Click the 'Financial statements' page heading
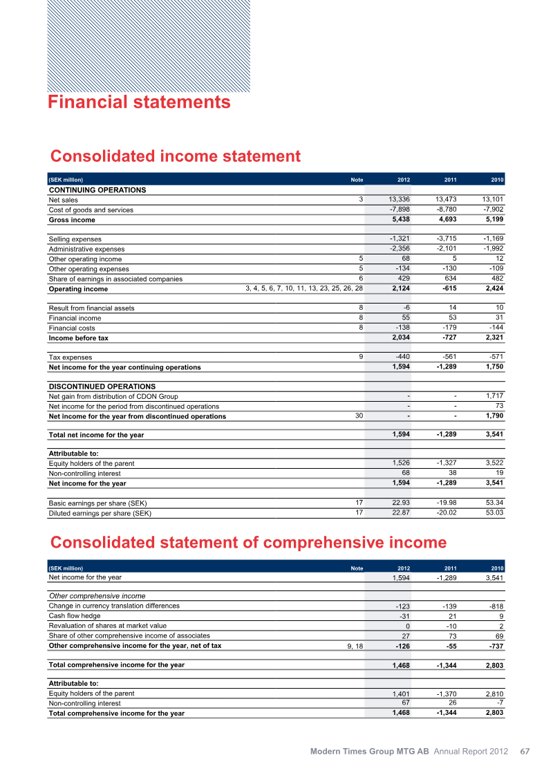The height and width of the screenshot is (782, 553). tap(139, 102)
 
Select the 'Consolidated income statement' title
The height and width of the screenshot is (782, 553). tap(176, 156)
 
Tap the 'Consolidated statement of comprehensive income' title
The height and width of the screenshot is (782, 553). tap(248, 541)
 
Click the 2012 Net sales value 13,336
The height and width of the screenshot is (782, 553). tap(397, 200)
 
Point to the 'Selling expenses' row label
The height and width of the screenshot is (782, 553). tap(75, 239)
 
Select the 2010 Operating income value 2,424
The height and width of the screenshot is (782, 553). tap(491, 288)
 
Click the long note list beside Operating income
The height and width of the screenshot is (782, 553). tap(304, 288)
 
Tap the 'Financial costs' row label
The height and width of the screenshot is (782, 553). tap(72, 328)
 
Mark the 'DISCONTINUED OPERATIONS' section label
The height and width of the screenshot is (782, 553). tap(102, 387)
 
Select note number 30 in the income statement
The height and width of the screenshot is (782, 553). tap(358, 416)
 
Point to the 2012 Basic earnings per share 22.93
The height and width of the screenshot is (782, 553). tap(399, 503)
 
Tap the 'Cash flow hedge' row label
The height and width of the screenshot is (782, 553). tap(74, 616)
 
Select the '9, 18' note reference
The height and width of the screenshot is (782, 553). tap(355, 646)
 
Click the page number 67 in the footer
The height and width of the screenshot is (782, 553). tap(525, 752)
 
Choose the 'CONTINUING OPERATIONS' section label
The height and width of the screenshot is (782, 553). tap(97, 189)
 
